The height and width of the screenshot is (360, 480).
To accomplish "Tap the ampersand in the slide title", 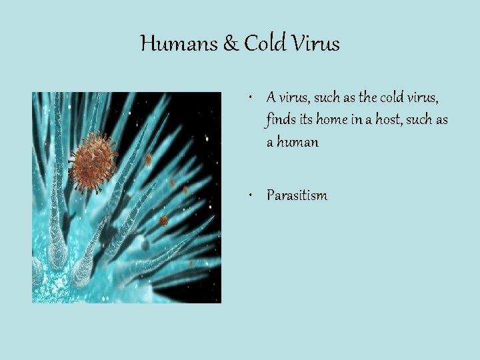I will point(230,44).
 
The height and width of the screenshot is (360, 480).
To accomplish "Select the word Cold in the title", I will point(265,44).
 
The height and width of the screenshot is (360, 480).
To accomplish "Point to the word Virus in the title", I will point(316,44).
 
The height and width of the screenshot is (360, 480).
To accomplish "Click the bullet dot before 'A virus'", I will point(248,98).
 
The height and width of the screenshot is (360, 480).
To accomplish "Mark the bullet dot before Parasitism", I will point(248,195).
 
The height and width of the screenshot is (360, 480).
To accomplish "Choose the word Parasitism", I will point(297,195).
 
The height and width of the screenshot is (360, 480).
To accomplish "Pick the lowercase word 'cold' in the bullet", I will point(393,98).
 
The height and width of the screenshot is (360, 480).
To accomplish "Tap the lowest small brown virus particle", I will point(163,221).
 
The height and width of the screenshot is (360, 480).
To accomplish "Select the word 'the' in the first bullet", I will point(367,98).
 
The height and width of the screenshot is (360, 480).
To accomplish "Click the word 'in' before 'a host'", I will point(355,120).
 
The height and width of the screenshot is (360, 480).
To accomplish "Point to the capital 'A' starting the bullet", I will point(271,97).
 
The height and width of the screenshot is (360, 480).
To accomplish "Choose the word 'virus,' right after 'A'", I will point(295,98).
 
